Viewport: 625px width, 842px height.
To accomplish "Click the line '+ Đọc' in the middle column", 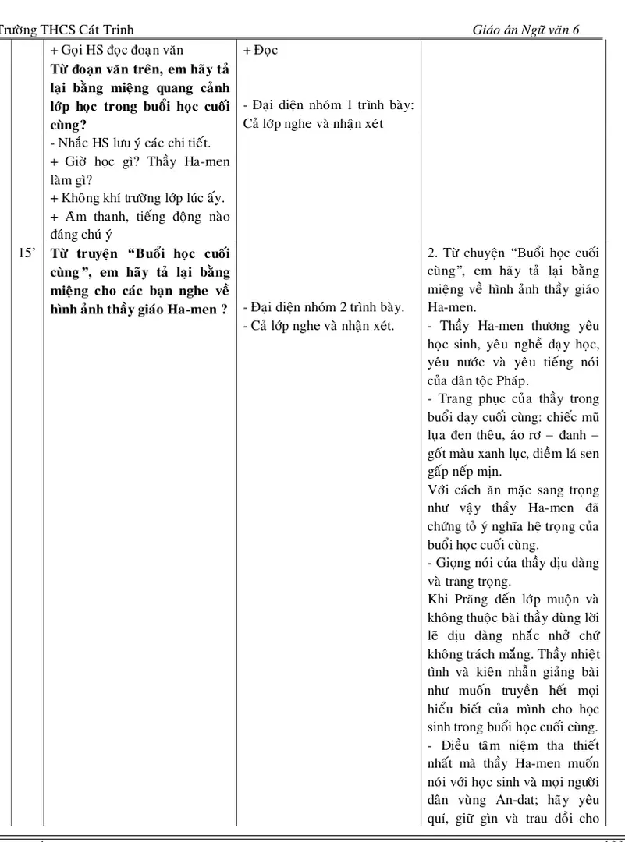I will (x=260, y=51).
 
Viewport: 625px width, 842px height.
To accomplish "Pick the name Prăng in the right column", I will (x=471, y=599).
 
